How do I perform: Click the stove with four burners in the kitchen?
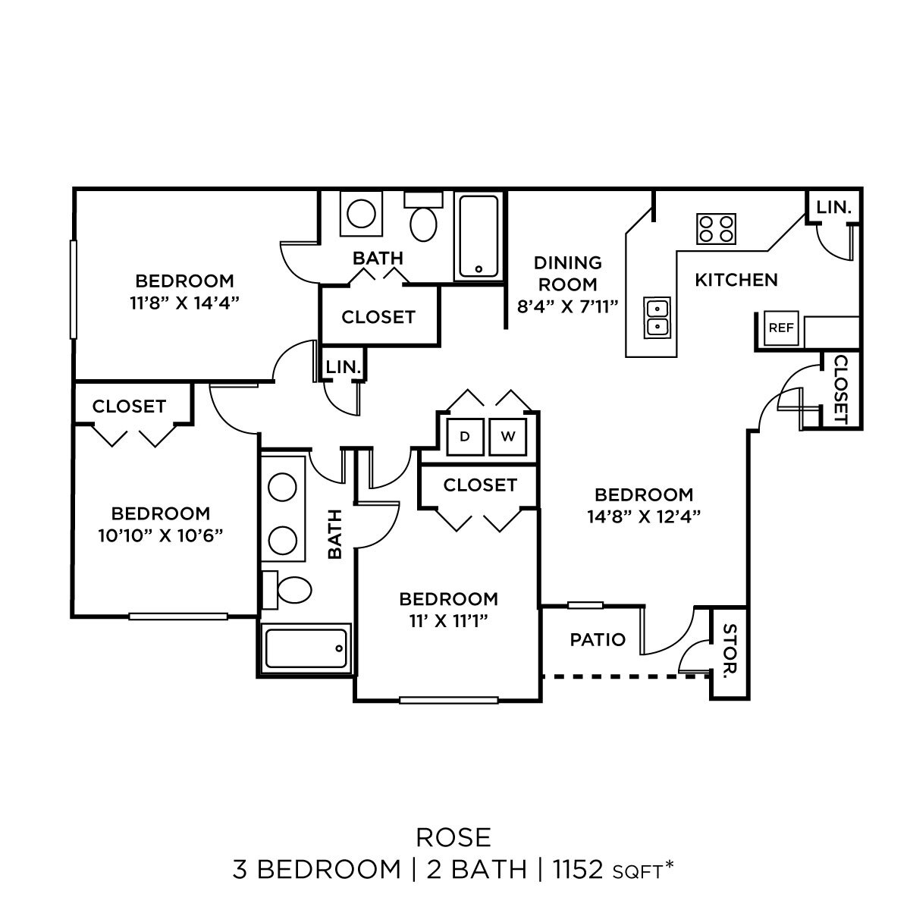[x=717, y=228]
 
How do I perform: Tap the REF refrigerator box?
[x=781, y=328]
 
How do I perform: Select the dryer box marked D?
[x=465, y=436]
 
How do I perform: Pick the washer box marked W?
[x=508, y=436]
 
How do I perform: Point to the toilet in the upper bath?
[x=424, y=219]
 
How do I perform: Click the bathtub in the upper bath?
[x=479, y=236]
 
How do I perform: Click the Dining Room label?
[x=567, y=274]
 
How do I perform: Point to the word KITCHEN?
[x=736, y=280]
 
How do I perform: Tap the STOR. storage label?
[x=729, y=651]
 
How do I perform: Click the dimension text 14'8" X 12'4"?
[x=643, y=516]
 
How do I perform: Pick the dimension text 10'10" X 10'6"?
[x=160, y=535]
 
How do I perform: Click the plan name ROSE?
[x=453, y=837]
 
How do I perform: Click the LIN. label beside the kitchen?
[x=834, y=206]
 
